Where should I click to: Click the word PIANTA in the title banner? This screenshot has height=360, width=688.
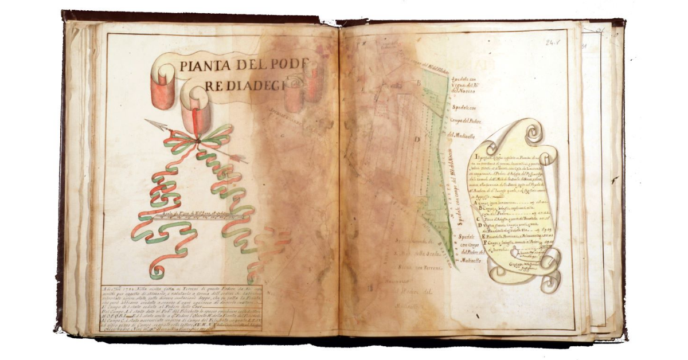tap(204, 65)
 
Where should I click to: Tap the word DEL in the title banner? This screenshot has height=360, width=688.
tap(249, 65)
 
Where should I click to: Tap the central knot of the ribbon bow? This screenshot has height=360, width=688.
tap(198, 140)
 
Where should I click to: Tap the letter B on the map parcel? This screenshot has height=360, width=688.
tap(418, 83)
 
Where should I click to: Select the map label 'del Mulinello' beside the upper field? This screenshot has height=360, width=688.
tap(461, 135)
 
